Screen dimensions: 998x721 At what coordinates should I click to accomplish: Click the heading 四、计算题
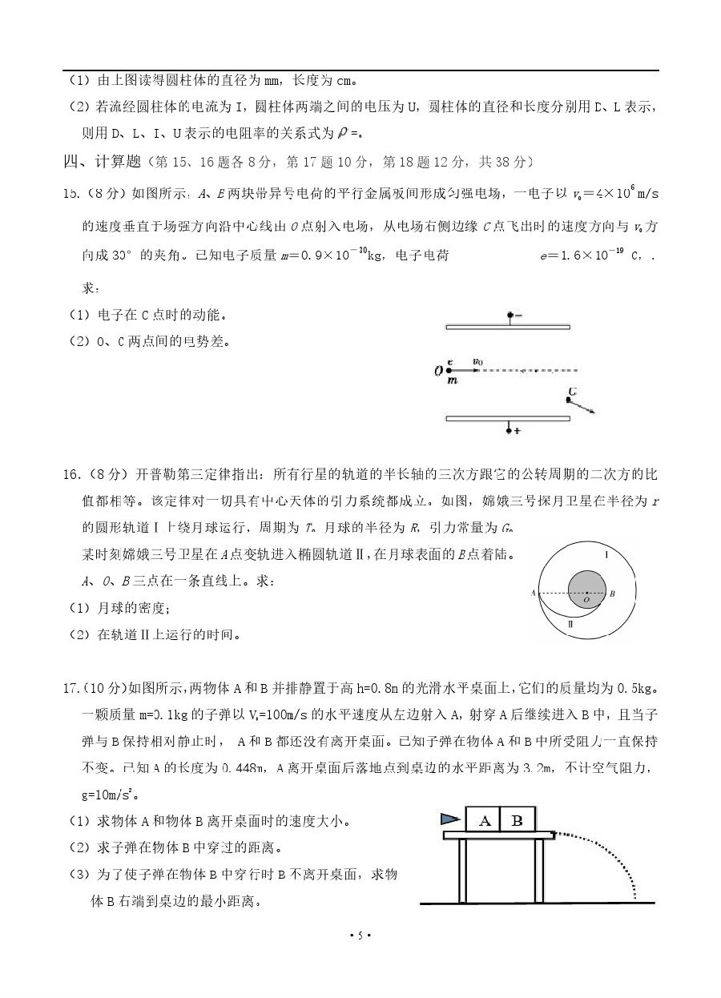(103, 162)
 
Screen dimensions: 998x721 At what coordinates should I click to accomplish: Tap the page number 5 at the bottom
(360, 936)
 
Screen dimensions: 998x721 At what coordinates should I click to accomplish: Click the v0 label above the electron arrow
(477, 361)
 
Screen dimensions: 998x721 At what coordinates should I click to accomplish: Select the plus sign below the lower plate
(518, 431)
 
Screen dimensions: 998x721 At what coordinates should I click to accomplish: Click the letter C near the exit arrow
(571, 392)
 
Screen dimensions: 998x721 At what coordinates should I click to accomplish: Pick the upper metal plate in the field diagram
(508, 328)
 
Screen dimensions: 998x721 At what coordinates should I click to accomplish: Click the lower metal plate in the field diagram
(508, 418)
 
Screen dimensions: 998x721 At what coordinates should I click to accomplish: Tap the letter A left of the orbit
(533, 594)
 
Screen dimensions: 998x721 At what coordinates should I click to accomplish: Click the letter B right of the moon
(611, 594)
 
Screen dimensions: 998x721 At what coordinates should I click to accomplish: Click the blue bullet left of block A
(451, 819)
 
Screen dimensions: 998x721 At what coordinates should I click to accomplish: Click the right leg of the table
(539, 871)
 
